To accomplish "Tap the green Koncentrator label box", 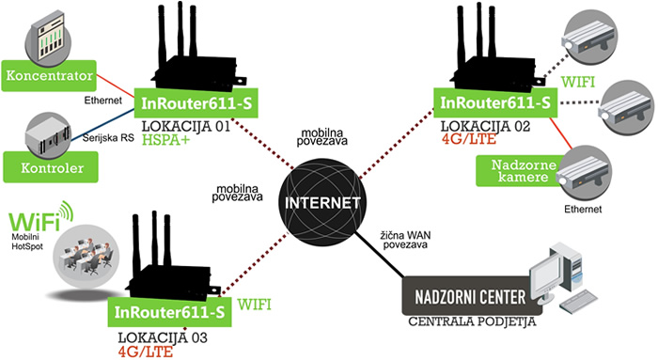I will tap(48, 74).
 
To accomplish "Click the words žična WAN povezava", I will tap(405, 237).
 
